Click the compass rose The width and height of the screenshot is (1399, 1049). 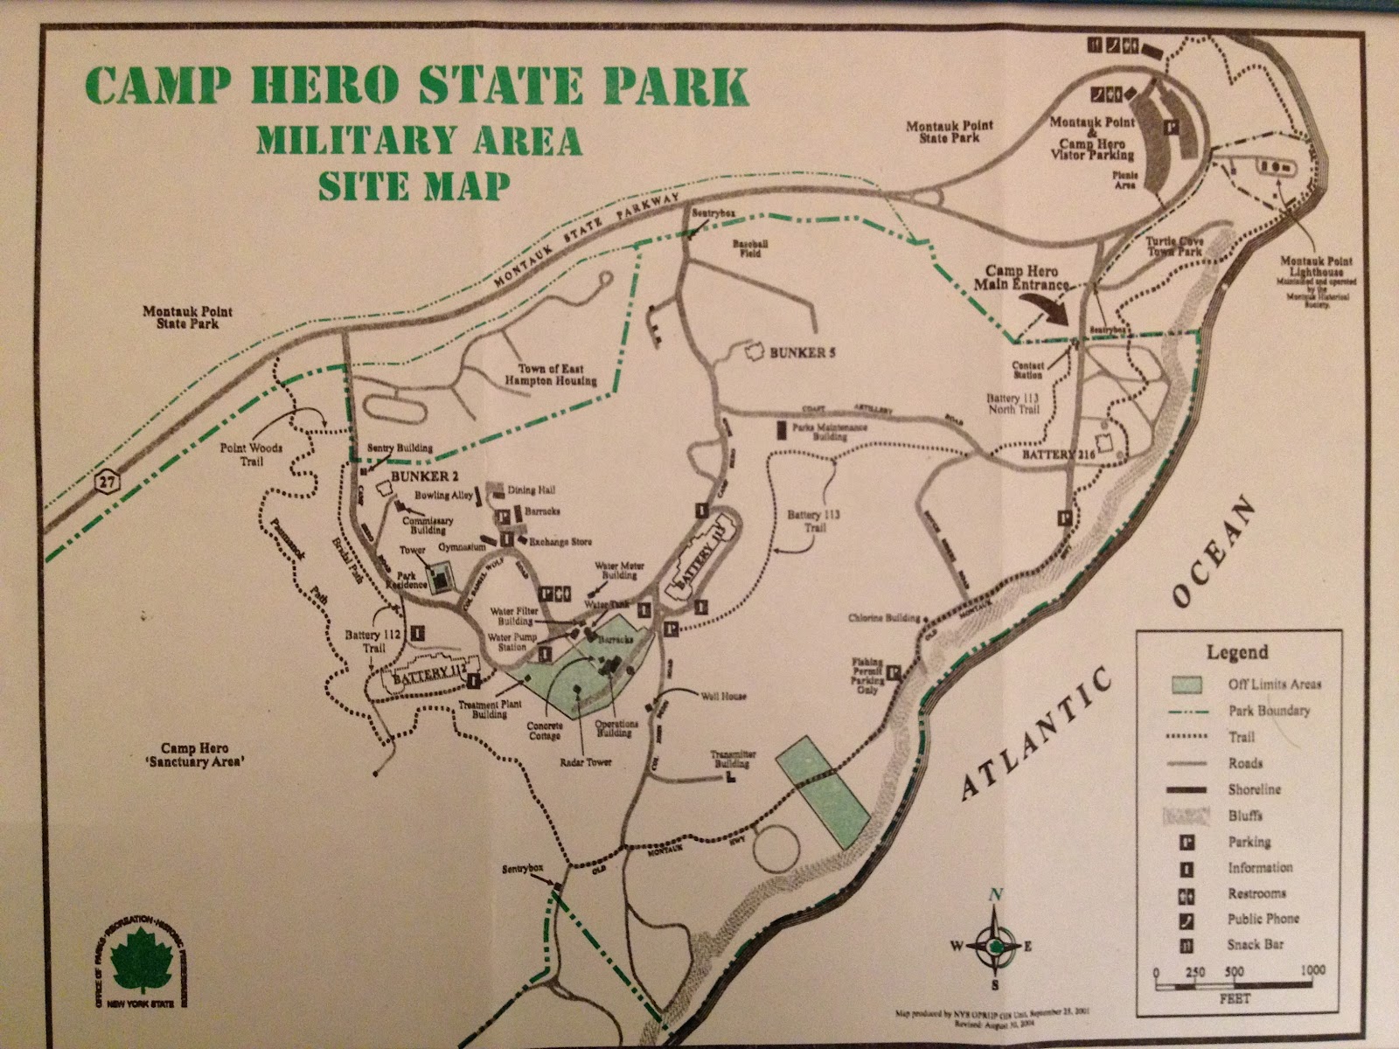pos(994,944)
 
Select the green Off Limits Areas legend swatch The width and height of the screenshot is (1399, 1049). pos(1187,684)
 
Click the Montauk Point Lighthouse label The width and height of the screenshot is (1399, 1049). pos(1316,267)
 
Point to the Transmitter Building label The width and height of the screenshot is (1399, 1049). pos(733,757)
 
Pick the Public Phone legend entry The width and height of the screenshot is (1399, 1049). pos(1263,919)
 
